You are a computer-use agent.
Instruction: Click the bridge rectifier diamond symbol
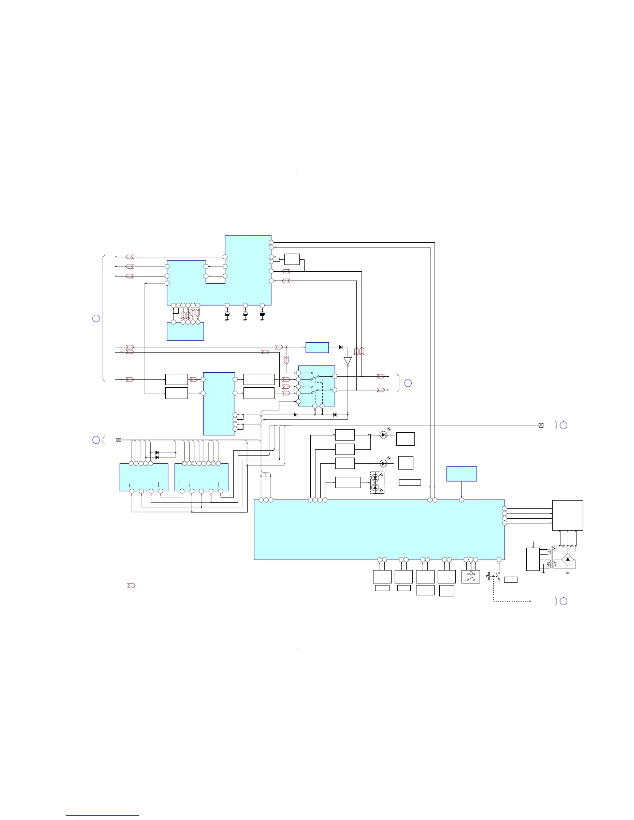click(x=568, y=560)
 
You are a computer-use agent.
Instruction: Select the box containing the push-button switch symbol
click(x=471, y=576)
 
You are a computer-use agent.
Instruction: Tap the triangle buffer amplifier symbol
click(x=348, y=361)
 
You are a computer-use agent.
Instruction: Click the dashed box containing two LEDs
click(x=377, y=483)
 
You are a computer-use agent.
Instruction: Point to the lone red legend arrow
click(x=131, y=585)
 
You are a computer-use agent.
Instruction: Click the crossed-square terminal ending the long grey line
click(x=541, y=425)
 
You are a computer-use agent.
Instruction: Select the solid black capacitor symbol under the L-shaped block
click(x=262, y=314)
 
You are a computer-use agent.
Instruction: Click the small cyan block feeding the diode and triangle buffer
click(x=317, y=347)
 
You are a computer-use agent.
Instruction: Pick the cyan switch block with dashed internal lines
click(x=317, y=386)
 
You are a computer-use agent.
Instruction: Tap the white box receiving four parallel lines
click(x=568, y=515)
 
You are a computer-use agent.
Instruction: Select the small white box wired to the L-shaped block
click(x=292, y=259)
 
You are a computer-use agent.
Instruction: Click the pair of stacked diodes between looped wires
click(x=157, y=455)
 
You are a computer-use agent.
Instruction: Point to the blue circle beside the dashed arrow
click(x=564, y=601)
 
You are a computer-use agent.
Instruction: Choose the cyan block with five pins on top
click(x=144, y=477)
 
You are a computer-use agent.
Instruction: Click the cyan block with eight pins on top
click(x=201, y=477)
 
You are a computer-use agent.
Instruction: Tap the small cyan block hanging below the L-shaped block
click(x=185, y=331)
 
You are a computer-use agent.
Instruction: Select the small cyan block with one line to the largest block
click(x=462, y=474)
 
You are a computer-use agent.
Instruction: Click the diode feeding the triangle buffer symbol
click(x=340, y=347)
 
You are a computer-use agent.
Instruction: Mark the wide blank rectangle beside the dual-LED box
click(x=410, y=482)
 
